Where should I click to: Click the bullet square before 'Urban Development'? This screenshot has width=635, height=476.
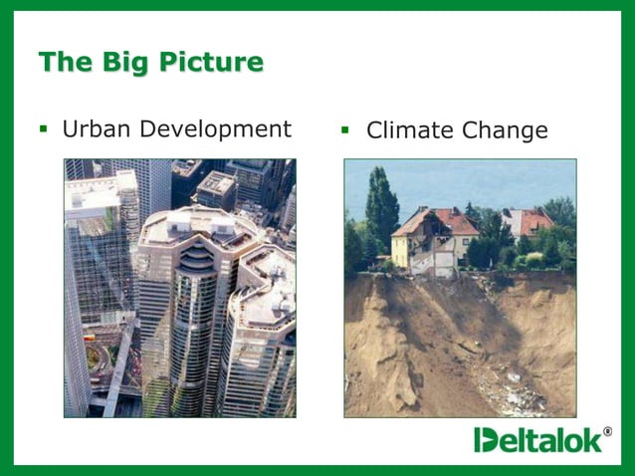pyautogui.click(x=44, y=128)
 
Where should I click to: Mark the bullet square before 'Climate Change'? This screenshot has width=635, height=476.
pyautogui.click(x=347, y=129)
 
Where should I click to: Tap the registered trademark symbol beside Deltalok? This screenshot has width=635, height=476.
pyautogui.click(x=608, y=431)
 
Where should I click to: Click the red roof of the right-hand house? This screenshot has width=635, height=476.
pyautogui.click(x=528, y=221)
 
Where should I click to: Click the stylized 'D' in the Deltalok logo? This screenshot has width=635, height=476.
pyautogui.click(x=485, y=439)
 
